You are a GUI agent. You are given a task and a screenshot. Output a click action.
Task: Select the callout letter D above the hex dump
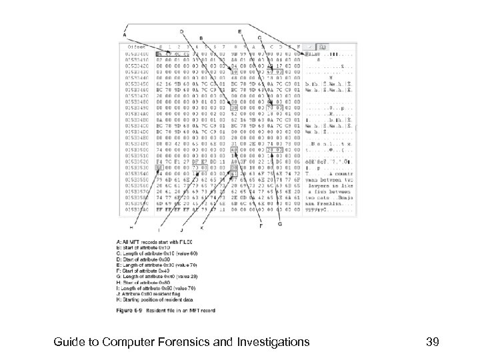182,31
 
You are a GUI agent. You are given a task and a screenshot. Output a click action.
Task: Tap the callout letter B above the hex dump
201,37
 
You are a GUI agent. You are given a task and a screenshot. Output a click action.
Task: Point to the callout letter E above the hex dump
240,31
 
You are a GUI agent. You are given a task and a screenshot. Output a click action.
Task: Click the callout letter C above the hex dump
259,37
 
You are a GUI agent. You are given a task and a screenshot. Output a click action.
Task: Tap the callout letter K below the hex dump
201,228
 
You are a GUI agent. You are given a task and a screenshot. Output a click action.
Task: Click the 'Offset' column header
137,47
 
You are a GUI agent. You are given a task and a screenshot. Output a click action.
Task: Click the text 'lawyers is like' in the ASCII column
322,183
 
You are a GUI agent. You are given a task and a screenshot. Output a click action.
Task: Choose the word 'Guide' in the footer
72,343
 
